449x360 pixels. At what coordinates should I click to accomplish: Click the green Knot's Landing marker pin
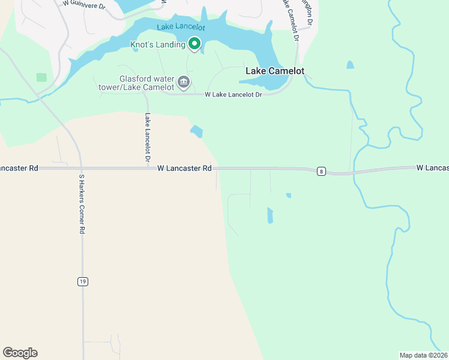(194, 43)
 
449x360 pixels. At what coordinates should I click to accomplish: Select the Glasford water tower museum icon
(184, 82)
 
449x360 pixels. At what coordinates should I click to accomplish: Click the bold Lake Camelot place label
(275, 71)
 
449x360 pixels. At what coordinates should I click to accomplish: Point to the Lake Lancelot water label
(181, 28)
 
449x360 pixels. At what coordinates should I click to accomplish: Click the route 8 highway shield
(322, 172)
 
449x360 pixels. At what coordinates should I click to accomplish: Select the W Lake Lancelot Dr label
(234, 95)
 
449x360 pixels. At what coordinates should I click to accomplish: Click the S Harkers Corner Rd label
(82, 204)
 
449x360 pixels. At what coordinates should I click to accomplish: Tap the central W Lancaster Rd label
(184, 169)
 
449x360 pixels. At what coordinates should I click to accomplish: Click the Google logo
(20, 353)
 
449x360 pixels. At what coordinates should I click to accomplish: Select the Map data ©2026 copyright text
(424, 355)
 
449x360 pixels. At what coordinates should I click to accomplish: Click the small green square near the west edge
(41, 77)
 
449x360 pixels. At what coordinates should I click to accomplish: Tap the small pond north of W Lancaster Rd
(196, 131)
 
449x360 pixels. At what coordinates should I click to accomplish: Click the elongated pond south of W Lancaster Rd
(270, 215)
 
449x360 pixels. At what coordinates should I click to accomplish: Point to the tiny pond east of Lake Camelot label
(350, 65)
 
